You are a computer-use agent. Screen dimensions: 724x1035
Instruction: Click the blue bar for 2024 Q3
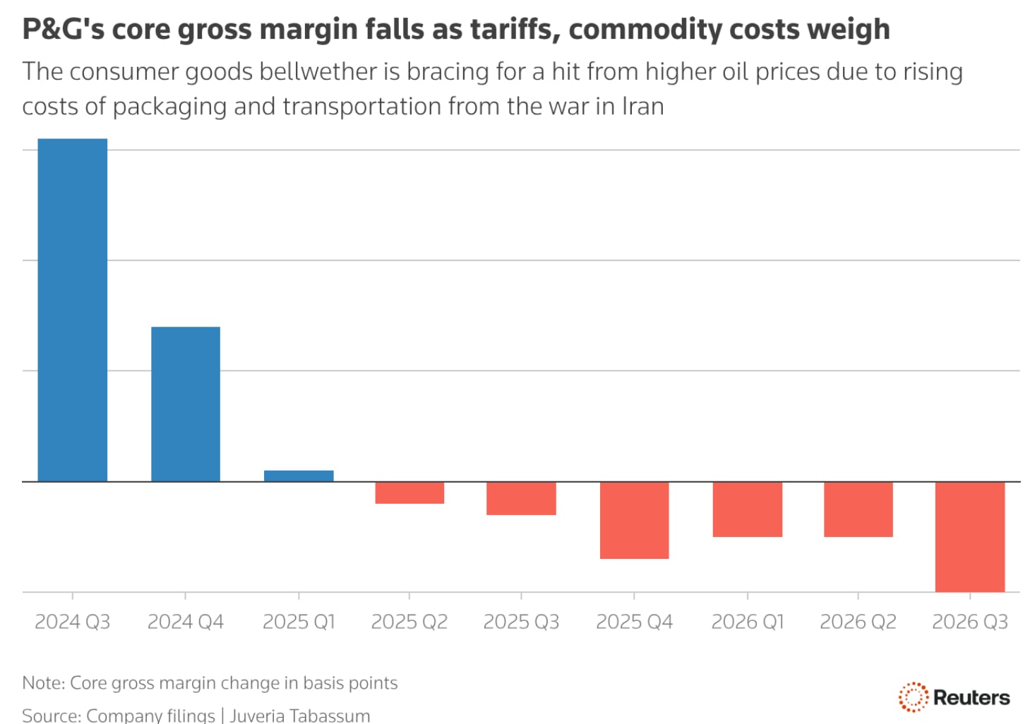(72, 310)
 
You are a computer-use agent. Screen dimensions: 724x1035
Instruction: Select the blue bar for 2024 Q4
(185, 404)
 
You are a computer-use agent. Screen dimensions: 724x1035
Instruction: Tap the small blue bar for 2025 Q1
(299, 476)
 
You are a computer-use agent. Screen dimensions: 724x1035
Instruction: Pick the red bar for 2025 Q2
(409, 493)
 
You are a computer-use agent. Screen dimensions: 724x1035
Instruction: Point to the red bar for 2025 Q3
(521, 498)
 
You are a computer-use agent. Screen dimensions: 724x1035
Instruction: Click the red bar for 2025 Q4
(634, 520)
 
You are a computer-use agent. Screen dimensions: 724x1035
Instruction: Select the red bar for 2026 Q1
(747, 509)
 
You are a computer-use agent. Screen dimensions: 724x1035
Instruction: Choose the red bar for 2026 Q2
(858, 509)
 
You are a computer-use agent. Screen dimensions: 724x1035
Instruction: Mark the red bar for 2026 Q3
(969, 536)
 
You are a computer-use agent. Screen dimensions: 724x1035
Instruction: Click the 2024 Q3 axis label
(72, 622)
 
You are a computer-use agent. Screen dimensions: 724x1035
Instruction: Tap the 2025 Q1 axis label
(299, 622)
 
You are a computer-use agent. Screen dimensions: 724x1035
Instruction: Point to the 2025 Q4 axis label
(634, 622)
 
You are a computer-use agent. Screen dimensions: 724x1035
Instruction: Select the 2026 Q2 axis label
(858, 622)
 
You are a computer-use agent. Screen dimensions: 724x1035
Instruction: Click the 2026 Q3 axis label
(969, 622)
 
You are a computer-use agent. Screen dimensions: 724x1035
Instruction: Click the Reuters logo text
(971, 698)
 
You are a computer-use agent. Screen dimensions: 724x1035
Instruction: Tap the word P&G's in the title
(63, 30)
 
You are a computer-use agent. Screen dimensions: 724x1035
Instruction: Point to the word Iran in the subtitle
(642, 107)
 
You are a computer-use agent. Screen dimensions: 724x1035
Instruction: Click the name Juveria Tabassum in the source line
(299, 716)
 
